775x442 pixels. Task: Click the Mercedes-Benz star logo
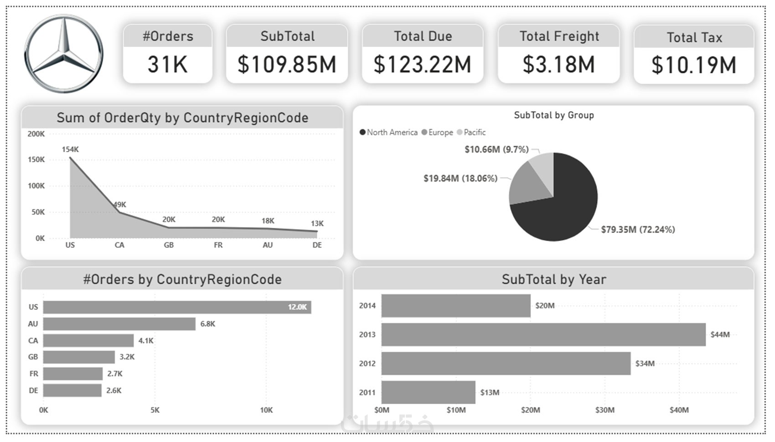(x=63, y=54)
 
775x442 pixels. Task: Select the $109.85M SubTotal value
(x=287, y=64)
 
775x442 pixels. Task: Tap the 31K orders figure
(x=167, y=64)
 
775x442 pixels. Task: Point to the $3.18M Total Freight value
(x=558, y=64)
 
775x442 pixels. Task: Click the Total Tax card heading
(x=694, y=37)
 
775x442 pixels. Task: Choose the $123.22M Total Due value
(x=422, y=64)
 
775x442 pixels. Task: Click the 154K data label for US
(x=70, y=149)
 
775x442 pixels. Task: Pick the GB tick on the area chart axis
(x=169, y=245)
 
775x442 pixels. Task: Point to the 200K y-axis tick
(x=36, y=134)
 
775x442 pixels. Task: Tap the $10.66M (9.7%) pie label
(x=496, y=149)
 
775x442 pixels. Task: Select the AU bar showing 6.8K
(x=119, y=324)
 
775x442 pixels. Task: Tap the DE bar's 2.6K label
(x=114, y=391)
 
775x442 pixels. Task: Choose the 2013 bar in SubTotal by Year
(x=543, y=334)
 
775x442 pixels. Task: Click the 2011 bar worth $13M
(x=428, y=392)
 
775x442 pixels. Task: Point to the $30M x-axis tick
(x=604, y=410)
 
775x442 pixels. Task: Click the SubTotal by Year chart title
(x=553, y=279)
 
